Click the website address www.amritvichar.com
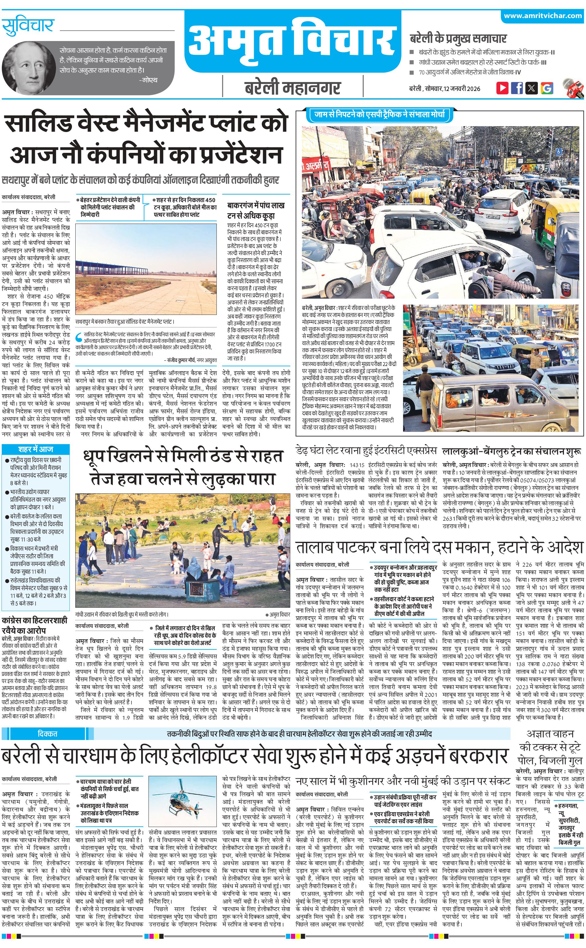[x=542, y=16]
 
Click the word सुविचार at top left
[x=28, y=26]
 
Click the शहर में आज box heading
[x=36, y=449]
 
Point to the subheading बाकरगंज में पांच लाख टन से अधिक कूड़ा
[x=256, y=210]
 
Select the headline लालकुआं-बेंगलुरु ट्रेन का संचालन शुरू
[x=512, y=451]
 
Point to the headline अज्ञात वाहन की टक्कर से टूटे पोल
[x=550, y=747]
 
